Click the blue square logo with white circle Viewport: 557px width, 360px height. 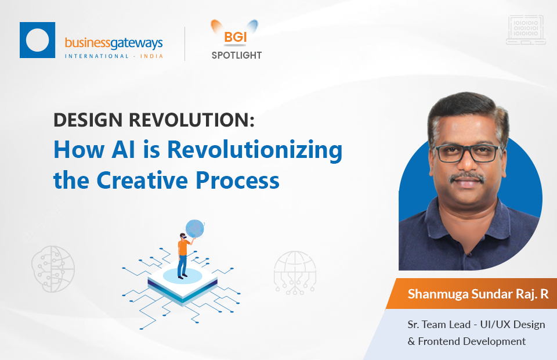click(37, 40)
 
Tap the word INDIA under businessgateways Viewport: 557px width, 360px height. click(151, 56)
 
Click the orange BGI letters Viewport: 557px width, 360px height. click(235, 37)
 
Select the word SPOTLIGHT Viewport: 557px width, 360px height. click(237, 55)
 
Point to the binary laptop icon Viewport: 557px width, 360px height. click(526, 30)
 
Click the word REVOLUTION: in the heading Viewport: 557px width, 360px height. click(192, 120)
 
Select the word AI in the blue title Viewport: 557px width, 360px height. click(123, 149)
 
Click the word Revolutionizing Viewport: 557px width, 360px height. click(255, 151)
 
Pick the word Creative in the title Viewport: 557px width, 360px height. click(142, 180)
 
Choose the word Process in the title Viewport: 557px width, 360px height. click(238, 180)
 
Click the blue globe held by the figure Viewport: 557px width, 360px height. click(195, 229)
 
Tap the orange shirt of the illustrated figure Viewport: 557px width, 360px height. click(183, 247)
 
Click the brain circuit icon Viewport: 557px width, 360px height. click(53, 269)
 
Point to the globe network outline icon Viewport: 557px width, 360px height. click(295, 273)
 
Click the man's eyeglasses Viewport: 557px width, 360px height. click(468, 153)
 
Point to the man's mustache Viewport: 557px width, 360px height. click(468, 177)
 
